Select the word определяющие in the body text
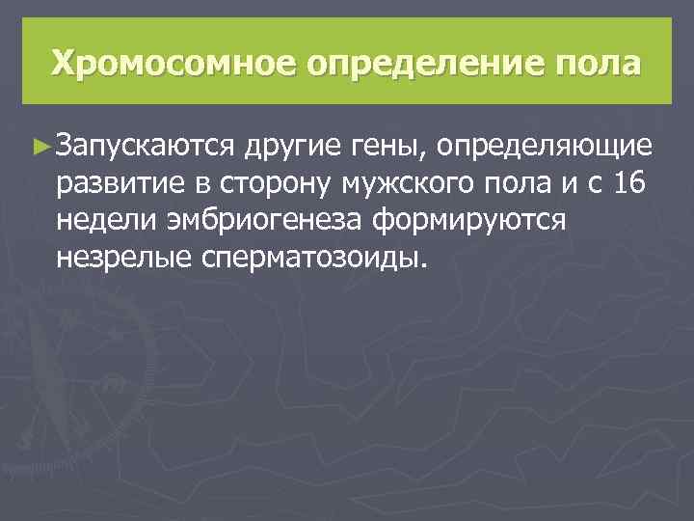pyautogui.click(x=545, y=147)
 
